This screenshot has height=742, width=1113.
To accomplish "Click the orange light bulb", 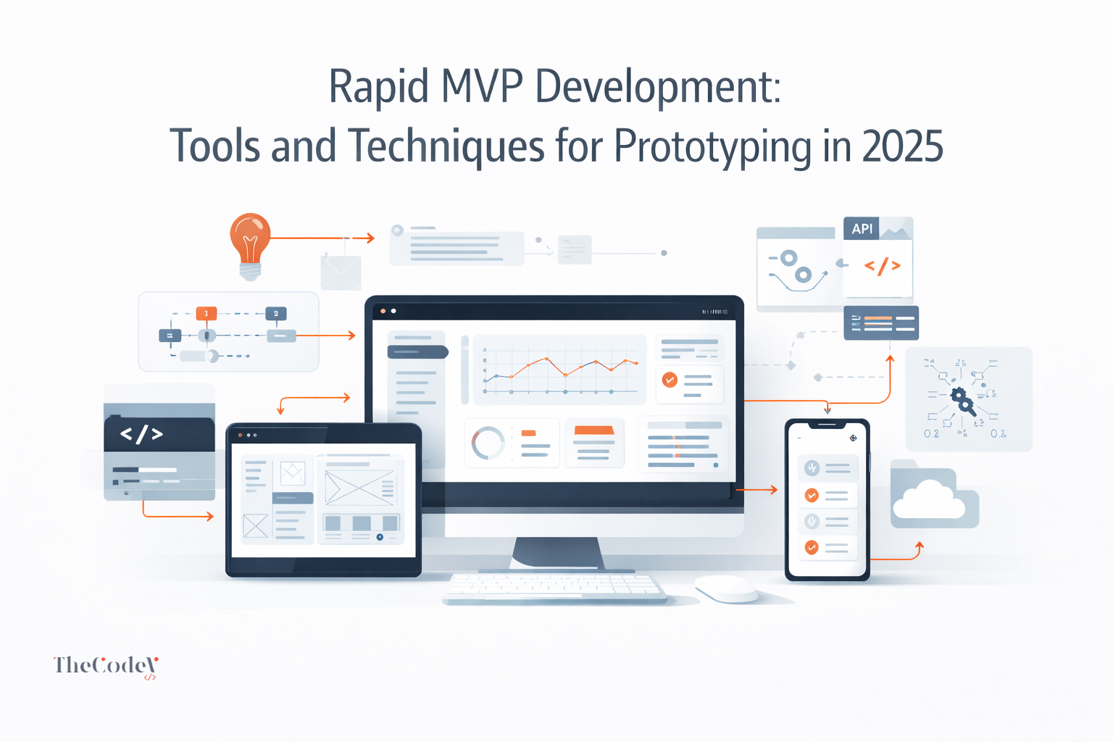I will click(250, 243).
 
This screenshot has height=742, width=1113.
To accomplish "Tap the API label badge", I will click(862, 229).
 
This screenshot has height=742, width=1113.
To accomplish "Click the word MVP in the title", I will click(481, 86).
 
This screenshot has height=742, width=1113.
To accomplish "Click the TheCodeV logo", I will click(106, 666).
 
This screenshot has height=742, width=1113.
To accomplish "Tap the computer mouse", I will click(727, 588).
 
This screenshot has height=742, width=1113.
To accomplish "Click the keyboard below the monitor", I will click(554, 587).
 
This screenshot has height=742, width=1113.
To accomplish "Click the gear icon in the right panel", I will click(961, 398).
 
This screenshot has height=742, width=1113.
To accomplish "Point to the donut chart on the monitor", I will click(488, 443).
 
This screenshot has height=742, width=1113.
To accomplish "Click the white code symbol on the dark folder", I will click(141, 434).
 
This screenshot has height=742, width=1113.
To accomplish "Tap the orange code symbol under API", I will click(882, 266).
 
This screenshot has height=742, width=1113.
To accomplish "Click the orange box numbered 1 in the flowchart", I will click(206, 314).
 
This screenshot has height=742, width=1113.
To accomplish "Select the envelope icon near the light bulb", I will click(341, 272).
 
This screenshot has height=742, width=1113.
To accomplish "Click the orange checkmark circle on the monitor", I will click(670, 379).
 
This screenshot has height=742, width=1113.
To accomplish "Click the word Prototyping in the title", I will click(713, 146).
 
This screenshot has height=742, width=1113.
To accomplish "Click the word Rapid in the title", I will click(378, 86).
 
